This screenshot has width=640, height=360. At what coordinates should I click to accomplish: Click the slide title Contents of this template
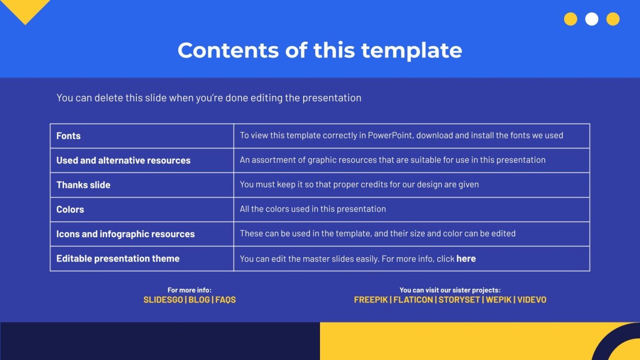coord(320,50)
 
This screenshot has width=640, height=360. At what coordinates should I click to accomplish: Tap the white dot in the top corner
coord(592,19)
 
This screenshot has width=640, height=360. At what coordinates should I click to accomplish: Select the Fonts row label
coord(68,136)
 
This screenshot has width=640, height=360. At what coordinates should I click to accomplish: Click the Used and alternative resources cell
coord(123,161)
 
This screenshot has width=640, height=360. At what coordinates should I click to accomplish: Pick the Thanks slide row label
coord(83,185)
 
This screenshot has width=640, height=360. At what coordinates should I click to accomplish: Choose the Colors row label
coord(70,209)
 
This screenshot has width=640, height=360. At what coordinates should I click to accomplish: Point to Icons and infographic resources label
coord(125,234)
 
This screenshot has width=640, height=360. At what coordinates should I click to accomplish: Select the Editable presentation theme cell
coord(118,259)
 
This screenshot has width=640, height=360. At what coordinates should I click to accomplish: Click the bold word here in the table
coord(466,259)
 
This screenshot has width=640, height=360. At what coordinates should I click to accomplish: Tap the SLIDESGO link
coord(163,300)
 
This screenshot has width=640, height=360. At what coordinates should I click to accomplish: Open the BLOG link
coord(199,300)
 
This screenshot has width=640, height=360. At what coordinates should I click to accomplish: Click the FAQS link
coord(226,300)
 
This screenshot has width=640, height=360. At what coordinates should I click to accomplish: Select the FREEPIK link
coord(371,300)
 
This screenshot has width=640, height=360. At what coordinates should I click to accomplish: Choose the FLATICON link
coord(413,300)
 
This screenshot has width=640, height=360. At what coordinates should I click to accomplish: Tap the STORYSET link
coord(459,300)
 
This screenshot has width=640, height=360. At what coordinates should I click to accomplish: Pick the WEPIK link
coord(498,300)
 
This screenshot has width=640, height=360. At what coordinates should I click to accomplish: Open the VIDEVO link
coord(531,300)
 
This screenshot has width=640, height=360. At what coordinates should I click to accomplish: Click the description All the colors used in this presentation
coord(313,209)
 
